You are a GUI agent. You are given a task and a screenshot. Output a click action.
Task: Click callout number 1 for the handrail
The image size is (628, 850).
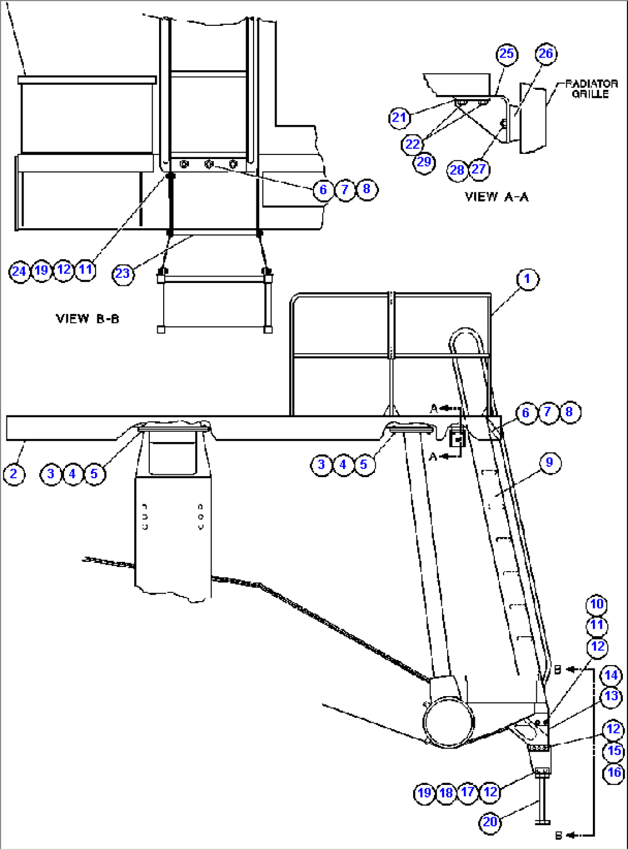527,279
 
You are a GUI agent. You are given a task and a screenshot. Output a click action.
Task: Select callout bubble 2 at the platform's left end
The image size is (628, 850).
14,474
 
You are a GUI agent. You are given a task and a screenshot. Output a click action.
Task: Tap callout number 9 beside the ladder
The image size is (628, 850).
549,462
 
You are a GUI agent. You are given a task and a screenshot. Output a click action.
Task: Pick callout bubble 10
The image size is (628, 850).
597,604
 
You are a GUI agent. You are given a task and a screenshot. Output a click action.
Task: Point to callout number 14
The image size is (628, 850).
611,675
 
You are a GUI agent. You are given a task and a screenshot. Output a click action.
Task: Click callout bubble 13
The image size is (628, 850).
611,697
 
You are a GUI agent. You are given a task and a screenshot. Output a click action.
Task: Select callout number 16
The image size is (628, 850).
614,773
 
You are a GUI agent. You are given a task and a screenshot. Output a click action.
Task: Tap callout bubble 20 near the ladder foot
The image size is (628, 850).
490,822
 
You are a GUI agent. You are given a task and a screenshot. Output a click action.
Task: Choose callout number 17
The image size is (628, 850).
468,792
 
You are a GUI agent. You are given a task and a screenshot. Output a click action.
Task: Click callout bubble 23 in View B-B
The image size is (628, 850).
123,273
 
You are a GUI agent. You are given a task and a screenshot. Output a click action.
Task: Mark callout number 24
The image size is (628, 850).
19,270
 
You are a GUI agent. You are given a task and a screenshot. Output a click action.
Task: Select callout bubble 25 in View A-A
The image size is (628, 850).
506,54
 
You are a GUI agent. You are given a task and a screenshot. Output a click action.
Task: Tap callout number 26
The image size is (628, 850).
546,54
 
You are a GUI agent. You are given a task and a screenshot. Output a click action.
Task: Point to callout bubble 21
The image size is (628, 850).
399,118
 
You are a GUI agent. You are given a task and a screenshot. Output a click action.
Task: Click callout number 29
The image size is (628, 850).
423,162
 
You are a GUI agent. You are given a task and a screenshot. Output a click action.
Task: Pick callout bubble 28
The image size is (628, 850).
457,170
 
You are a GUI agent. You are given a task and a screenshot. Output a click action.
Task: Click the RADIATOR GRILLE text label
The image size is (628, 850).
591,89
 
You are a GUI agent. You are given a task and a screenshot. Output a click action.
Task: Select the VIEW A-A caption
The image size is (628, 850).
497,197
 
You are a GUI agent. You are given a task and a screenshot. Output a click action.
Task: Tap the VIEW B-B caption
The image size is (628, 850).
88,319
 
